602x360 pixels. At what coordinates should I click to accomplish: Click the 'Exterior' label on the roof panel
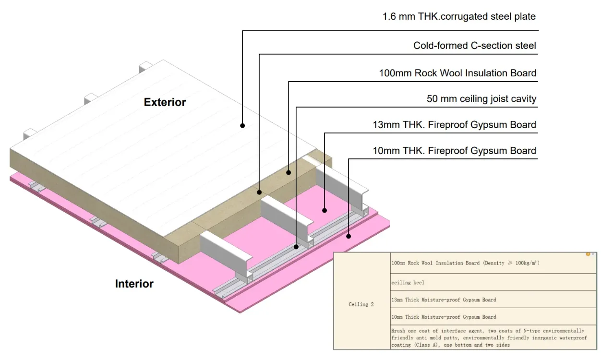pos(165,102)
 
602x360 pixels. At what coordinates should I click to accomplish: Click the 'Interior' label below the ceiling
pos(134,284)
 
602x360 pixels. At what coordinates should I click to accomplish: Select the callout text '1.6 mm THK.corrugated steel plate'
pos(459,17)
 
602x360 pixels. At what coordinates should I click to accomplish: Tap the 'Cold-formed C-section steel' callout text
pos(475,46)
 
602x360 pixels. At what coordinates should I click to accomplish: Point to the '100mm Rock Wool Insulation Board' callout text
pos(458,73)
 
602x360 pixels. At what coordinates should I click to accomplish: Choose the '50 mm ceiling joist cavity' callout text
pos(482,99)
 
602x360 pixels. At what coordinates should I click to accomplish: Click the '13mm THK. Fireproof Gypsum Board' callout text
pos(454,125)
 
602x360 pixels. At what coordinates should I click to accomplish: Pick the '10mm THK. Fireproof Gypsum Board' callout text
pos(454,151)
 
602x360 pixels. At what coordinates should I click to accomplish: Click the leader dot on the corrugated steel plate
pos(242,125)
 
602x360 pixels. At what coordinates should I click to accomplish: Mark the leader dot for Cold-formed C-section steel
pos(259,192)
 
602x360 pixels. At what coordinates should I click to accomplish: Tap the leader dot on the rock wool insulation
pos(289,172)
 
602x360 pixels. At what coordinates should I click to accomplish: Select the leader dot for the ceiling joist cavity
pos(296,247)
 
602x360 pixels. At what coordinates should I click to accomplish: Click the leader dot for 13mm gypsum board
pos(325,210)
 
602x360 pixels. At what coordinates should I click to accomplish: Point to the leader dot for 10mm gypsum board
pos(349,236)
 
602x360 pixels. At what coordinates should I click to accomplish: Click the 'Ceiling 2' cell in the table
pos(361,304)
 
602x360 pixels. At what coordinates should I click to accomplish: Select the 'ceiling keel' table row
pos(494,282)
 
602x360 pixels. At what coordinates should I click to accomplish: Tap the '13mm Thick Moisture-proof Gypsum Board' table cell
pos(494,300)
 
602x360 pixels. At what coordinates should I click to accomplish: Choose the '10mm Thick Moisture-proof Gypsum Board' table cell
pos(494,317)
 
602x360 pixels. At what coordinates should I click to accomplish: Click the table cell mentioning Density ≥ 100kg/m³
pos(494,263)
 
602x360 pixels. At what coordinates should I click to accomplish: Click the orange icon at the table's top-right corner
pos(588,254)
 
